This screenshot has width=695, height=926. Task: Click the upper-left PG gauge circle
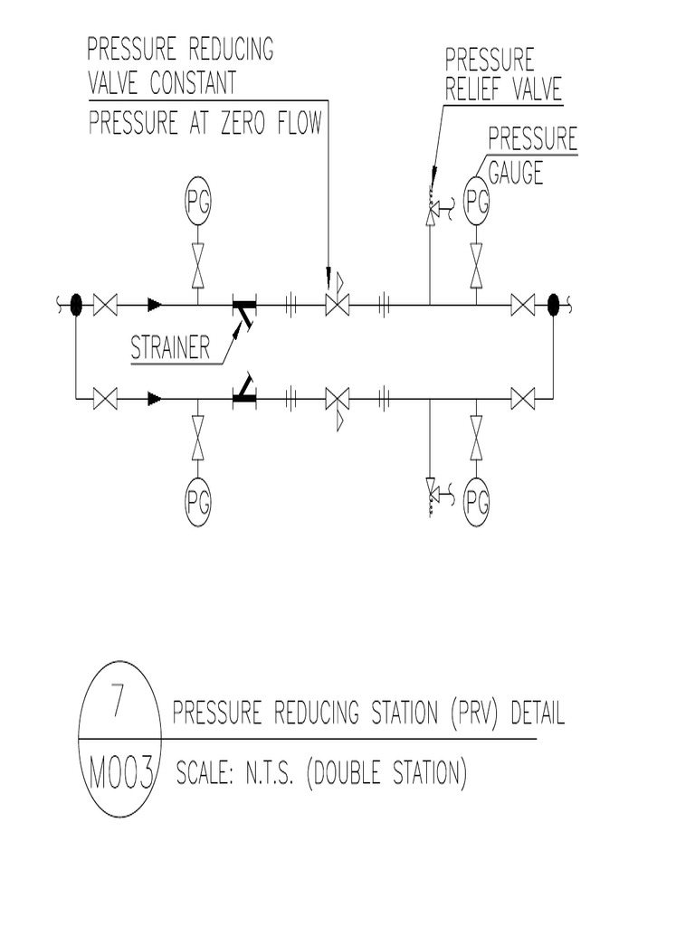pos(198,204)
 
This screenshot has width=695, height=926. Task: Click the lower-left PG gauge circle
pos(198,498)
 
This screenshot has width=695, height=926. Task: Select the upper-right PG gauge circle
pos(477,204)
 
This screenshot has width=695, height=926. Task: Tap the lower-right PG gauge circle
pos(477,498)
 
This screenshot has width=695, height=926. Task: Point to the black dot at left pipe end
pos(76,306)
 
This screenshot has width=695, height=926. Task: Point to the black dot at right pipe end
pos(554,306)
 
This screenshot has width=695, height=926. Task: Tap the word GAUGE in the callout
pos(516,172)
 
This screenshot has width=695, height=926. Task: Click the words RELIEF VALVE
pos(503,89)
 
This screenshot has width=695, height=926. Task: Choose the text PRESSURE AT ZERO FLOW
pos(205,123)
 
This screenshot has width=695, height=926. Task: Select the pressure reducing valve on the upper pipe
pos(338,305)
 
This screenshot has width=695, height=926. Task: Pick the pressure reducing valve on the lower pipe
pos(338,398)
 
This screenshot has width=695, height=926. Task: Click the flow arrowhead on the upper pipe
pos(155,306)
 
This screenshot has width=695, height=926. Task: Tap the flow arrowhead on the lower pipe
pos(155,397)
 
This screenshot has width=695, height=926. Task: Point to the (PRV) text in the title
pos(475,714)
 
